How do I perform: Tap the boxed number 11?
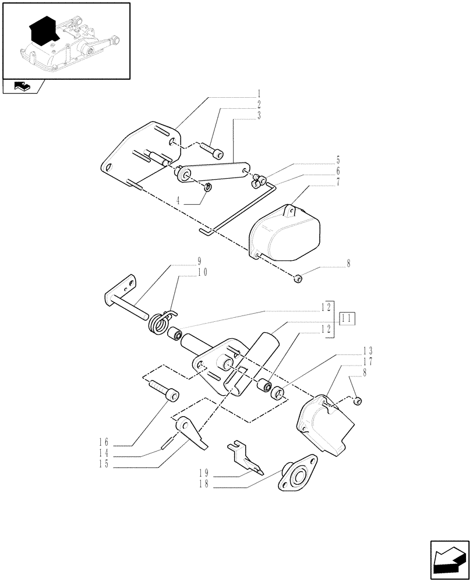(348, 318)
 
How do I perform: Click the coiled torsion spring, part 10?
(161, 322)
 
